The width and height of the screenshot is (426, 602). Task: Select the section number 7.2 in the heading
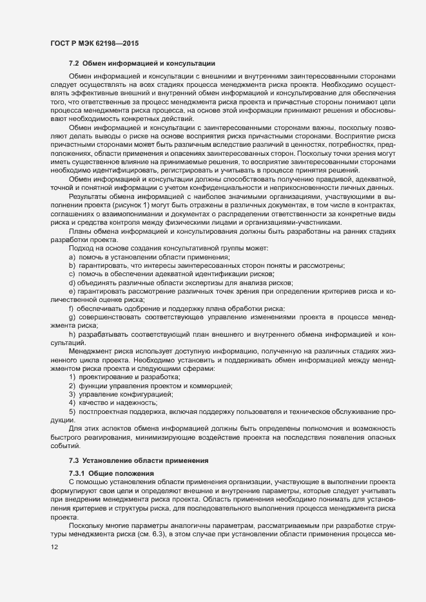tap(74, 64)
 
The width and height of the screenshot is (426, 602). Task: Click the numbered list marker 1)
tap(72, 377)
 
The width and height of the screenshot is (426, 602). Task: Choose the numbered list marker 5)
tap(72, 410)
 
